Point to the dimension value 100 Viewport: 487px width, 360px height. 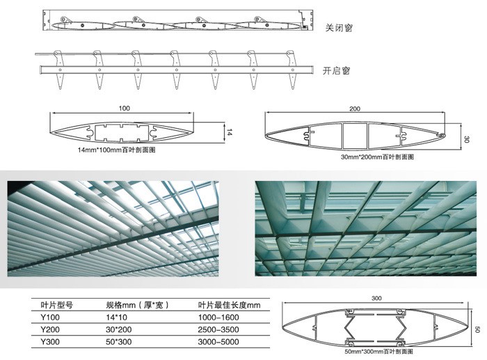[x=125, y=108]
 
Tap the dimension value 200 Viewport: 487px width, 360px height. [x=355, y=109]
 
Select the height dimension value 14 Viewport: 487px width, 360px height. [x=227, y=130]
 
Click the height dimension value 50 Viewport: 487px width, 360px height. [x=477, y=329]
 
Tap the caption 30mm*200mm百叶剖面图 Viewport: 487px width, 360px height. [x=377, y=157]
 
